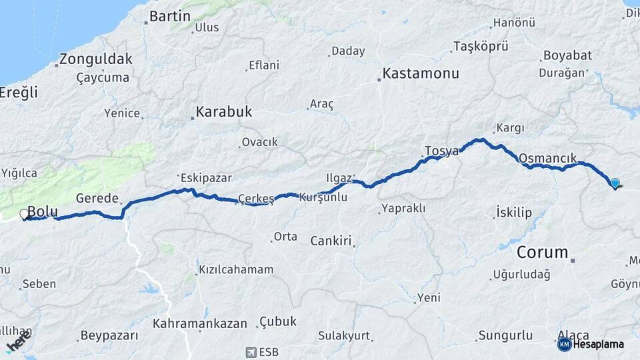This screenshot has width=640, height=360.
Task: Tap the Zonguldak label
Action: (95, 59)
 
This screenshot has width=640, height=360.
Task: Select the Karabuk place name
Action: (223, 111)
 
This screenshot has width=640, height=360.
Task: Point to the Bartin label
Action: (170, 16)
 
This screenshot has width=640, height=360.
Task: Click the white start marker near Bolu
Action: (25, 214)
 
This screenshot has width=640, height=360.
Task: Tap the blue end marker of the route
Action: (615, 183)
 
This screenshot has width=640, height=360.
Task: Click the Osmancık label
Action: (547, 157)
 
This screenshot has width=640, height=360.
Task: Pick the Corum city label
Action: (543, 253)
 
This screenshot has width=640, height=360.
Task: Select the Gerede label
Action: (97, 198)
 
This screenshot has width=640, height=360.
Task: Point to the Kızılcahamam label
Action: (236, 270)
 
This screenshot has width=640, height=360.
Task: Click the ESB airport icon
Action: (251, 351)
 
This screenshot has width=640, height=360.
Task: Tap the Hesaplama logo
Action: (591, 344)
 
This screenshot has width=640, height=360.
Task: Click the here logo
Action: (18, 345)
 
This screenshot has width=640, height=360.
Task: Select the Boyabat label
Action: (567, 55)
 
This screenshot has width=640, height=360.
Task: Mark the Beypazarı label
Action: (109, 335)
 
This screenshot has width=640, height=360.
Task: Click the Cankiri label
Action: (331, 241)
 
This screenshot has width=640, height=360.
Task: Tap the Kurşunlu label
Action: (323, 197)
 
